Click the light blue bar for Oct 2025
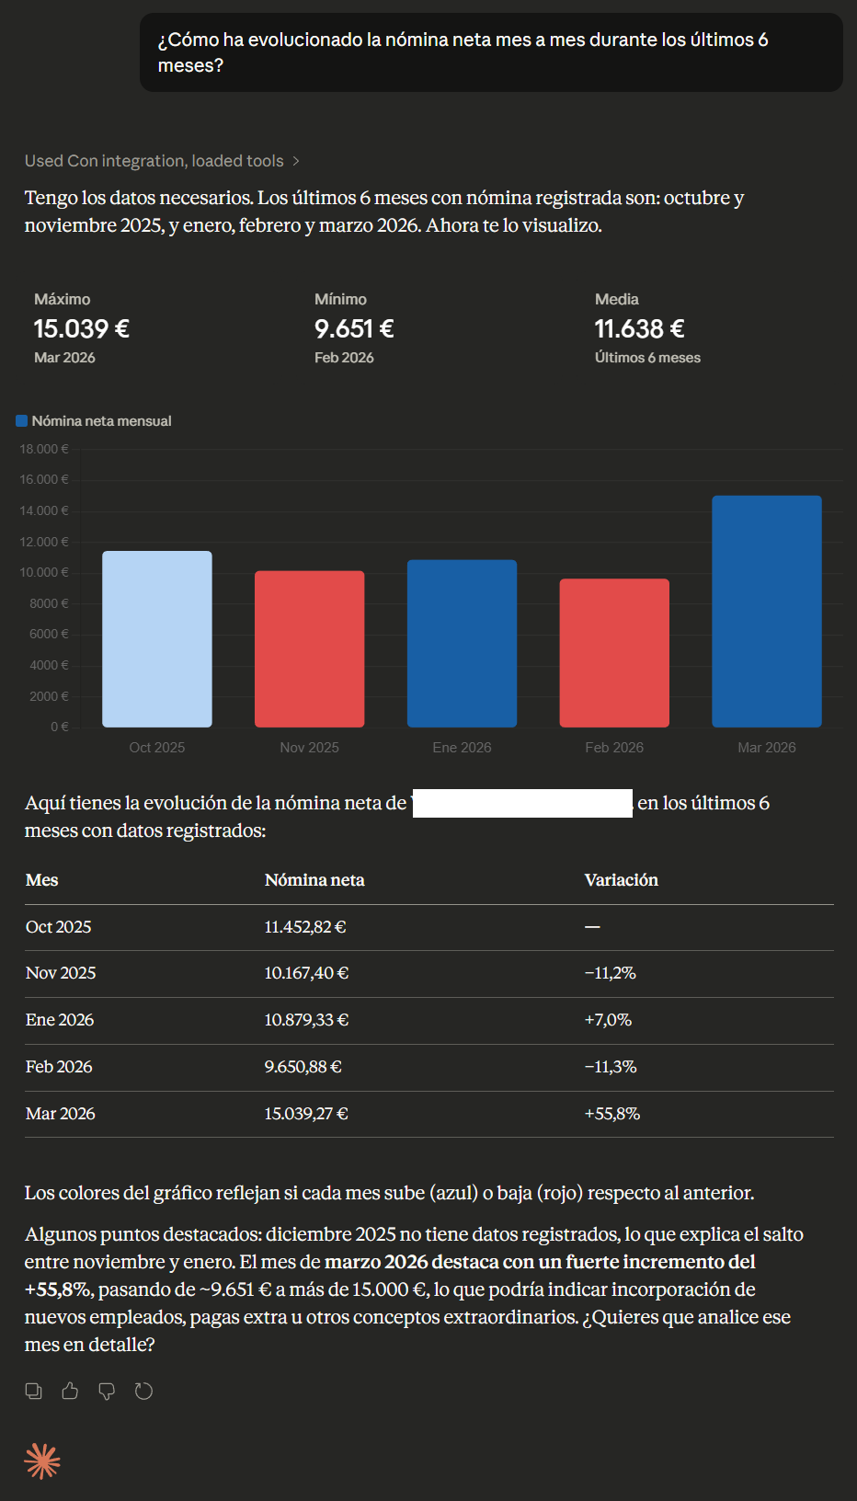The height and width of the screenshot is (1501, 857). tap(157, 639)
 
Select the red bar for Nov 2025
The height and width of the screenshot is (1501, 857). tap(310, 649)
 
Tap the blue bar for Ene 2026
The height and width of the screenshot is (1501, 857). tap(462, 644)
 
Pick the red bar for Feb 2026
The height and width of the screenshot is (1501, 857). tap(614, 653)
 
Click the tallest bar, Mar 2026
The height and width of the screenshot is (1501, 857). tap(767, 612)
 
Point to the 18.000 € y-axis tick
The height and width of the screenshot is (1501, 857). tap(44, 449)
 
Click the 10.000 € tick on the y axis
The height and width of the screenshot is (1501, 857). tap(44, 572)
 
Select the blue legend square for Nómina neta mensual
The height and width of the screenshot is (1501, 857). tap(21, 421)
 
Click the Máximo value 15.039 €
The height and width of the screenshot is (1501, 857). tap(82, 328)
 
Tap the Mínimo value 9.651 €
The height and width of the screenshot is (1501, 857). tap(354, 328)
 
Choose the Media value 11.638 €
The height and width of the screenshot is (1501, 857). tap(639, 328)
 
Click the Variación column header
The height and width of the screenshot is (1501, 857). tap(622, 880)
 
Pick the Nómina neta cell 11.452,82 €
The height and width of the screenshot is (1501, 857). tap(305, 927)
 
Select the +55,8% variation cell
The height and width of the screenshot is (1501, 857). tap(612, 1114)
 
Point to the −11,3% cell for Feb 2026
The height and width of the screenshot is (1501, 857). tap(611, 1067)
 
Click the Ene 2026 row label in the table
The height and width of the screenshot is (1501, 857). tap(60, 1020)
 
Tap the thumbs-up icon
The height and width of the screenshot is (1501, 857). tap(70, 1392)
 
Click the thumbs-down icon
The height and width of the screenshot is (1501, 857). tap(107, 1392)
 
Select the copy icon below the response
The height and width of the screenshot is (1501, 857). tap(34, 1392)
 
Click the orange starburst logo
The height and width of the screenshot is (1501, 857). tap(42, 1461)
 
